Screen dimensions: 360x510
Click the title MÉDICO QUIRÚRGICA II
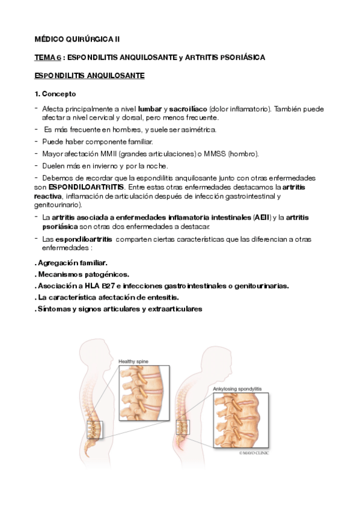77,38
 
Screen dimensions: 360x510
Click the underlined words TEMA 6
47,57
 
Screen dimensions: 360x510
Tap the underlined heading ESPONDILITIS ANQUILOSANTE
88,76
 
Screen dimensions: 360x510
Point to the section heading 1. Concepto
55,94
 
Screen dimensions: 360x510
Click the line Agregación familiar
72,263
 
